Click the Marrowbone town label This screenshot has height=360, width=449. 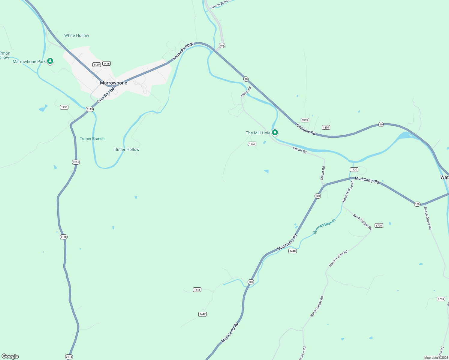113,83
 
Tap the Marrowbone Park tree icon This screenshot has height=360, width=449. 50,61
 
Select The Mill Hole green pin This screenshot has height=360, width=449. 275,133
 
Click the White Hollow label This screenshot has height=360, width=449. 77,35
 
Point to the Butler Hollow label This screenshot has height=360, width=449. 127,149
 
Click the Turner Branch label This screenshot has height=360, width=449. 92,139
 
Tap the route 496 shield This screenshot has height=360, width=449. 222,46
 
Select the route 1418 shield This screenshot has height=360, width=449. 107,64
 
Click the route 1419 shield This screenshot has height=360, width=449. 96,65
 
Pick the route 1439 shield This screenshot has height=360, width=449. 64,107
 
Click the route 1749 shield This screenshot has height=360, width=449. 252,144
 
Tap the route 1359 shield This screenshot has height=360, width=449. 305,120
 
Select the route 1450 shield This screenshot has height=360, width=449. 326,127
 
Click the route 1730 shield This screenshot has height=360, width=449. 354,169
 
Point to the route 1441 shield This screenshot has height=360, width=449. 197,290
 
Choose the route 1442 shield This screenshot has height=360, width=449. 203,314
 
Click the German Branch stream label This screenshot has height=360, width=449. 324,226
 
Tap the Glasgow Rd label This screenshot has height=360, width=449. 306,129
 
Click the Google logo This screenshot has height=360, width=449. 10,356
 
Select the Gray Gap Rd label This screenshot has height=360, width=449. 106,95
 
